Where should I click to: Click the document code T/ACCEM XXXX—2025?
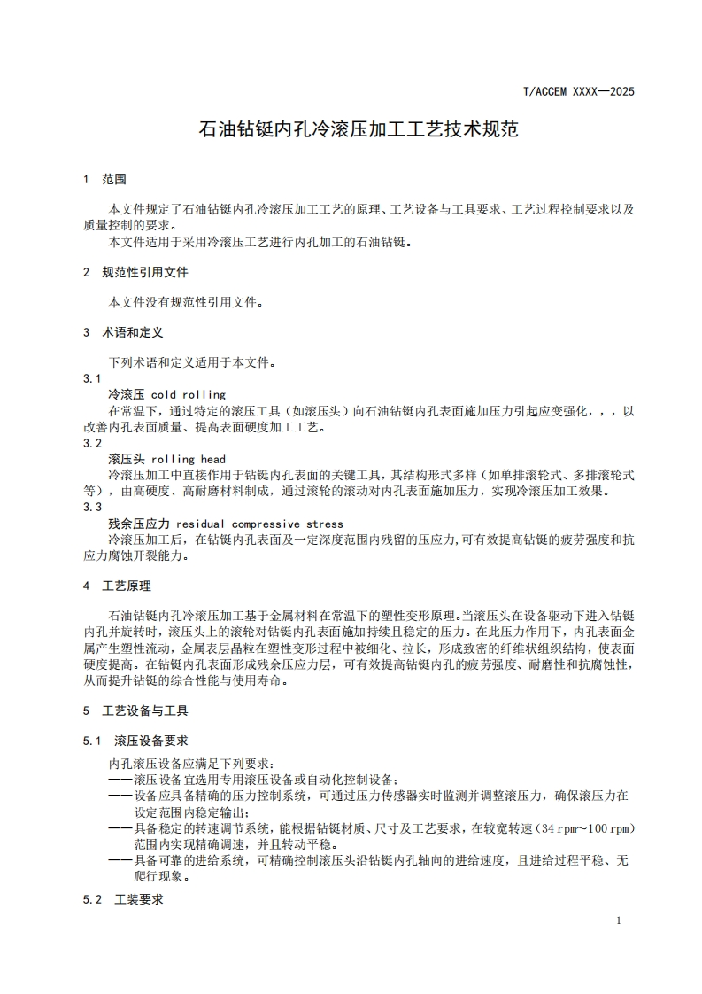pos(579,91)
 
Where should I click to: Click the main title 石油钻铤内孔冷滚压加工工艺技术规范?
pos(358,129)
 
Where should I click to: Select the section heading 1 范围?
pos(104,179)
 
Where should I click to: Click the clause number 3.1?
pos(93,378)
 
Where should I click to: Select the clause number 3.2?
pos(93,443)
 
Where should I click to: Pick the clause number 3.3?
pos(93,508)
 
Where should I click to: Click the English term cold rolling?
pos(189,394)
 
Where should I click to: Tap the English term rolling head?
pos(189,459)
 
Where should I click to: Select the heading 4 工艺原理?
pos(117,586)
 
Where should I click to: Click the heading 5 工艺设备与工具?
pos(135,711)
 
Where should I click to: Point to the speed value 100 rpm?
pos(613,827)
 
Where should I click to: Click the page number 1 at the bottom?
pos(618,920)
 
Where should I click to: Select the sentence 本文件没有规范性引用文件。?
pos(186,302)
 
